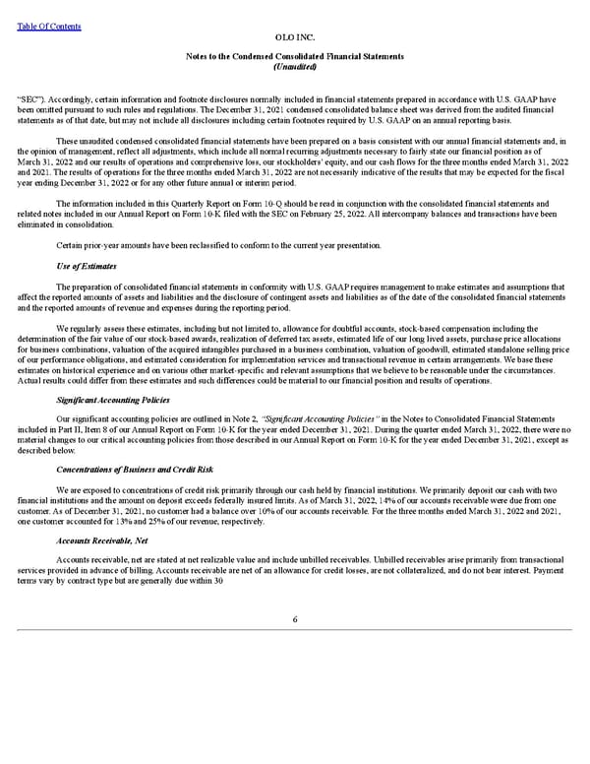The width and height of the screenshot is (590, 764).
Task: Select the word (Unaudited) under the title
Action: (294, 67)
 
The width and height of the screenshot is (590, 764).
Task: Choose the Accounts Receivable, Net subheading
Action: (103, 541)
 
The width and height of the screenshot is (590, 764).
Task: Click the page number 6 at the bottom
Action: (294, 618)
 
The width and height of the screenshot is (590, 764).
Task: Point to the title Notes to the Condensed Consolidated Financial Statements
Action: (294, 57)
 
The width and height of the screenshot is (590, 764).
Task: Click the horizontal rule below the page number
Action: (294, 630)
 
